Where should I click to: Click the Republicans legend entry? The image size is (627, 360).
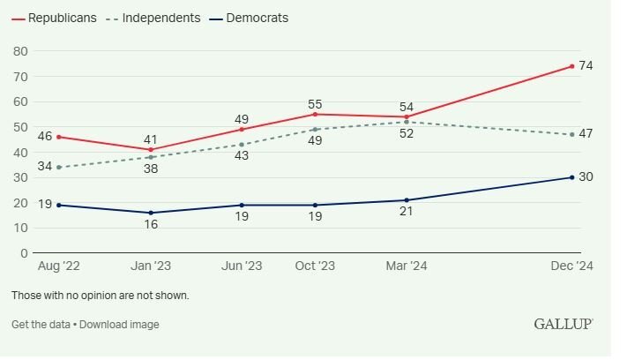tap(62, 18)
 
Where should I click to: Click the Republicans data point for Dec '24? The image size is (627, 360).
tap(571, 66)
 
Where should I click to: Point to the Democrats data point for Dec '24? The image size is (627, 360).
tap(571, 177)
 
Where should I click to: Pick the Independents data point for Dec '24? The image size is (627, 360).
tap(571, 134)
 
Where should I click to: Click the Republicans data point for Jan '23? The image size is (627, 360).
tap(151, 149)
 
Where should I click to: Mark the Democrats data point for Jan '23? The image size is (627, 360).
tap(151, 213)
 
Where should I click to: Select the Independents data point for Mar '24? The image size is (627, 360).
tap(407, 122)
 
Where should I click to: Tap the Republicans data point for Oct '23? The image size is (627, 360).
tap(315, 114)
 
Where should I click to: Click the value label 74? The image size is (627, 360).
tap(586, 66)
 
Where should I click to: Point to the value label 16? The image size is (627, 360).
tap(151, 226)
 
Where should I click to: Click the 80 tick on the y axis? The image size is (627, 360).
tap(20, 51)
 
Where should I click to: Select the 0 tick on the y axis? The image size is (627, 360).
tap(24, 253)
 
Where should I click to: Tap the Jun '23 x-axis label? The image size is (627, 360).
tap(242, 266)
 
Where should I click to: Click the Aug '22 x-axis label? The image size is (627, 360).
tap(58, 266)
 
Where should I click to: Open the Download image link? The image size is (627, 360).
tap(120, 325)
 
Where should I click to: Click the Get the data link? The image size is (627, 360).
tap(41, 325)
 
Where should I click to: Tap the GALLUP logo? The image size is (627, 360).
tap(563, 325)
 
